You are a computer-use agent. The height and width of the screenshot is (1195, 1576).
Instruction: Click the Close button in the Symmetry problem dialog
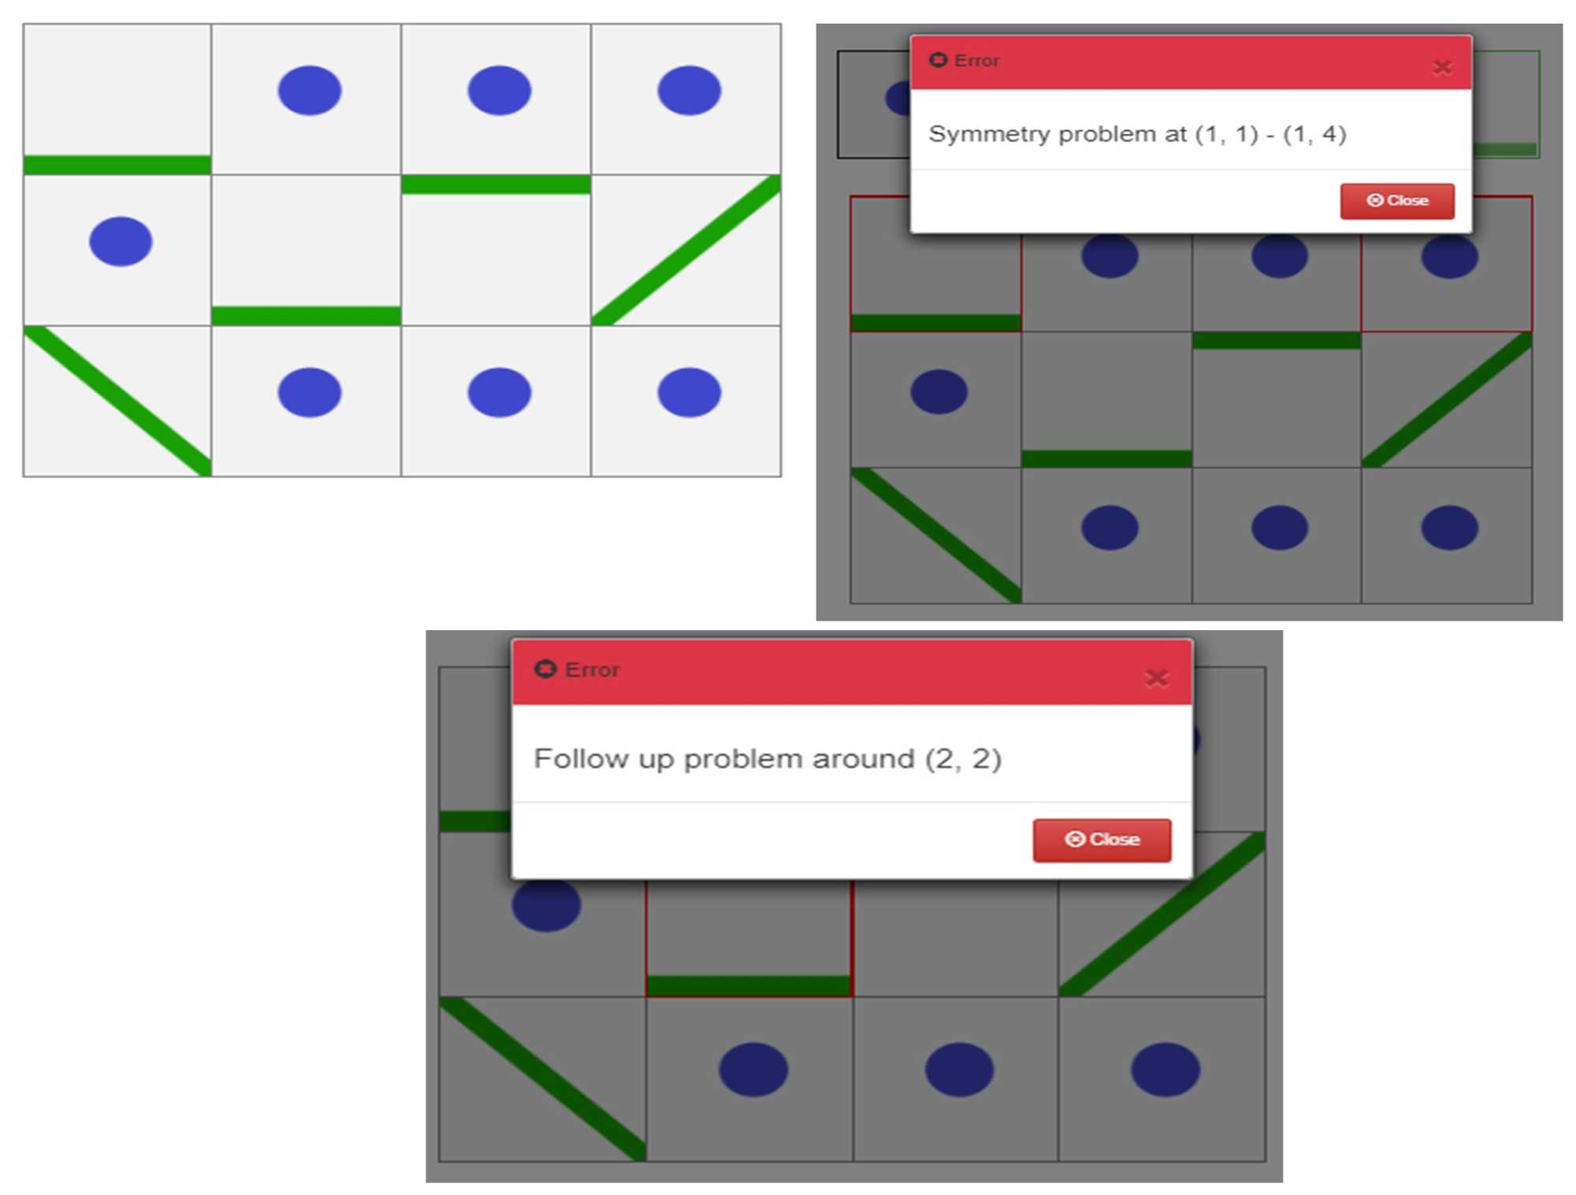(x=1397, y=201)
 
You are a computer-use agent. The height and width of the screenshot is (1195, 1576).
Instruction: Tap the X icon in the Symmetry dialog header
(x=1442, y=68)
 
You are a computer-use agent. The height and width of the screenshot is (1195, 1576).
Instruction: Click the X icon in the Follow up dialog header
(x=1156, y=677)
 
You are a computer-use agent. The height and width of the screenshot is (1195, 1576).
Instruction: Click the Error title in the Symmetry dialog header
(x=976, y=61)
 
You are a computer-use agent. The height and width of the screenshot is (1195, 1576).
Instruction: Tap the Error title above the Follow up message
(x=592, y=670)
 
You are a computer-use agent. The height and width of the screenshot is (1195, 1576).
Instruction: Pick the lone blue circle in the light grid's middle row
(x=121, y=241)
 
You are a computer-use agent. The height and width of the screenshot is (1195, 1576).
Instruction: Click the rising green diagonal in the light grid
(x=686, y=250)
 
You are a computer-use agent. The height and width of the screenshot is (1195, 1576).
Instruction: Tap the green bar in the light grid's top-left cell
(x=117, y=165)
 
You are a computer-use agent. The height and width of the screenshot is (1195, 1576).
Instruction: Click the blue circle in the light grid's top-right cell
(x=689, y=91)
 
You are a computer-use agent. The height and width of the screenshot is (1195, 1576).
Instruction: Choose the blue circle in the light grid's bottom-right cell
(x=689, y=392)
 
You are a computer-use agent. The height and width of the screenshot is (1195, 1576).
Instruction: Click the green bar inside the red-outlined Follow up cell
(x=749, y=985)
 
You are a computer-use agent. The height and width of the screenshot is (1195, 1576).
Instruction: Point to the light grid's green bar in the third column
(x=496, y=184)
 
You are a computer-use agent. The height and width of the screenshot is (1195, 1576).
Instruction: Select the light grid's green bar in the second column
(x=307, y=316)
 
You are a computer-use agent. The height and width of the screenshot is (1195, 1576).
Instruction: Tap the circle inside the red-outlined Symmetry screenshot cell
(x=1449, y=257)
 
